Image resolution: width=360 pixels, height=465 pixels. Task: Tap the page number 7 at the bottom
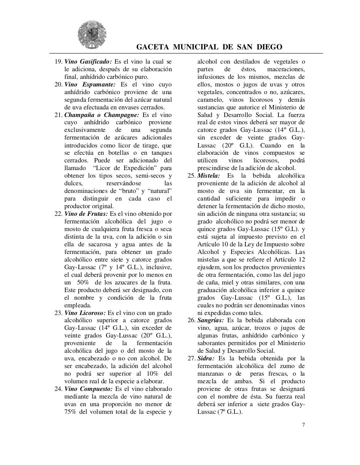pyautogui.click(x=303, y=425)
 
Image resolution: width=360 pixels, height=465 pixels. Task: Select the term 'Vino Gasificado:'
pyautogui.click(x=88, y=61)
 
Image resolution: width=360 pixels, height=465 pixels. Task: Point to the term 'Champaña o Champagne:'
pyautogui.click(x=102, y=115)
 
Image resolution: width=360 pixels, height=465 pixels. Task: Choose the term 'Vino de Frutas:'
pyautogui.click(x=86, y=214)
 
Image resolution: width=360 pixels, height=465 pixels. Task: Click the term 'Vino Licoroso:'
pyautogui.click(x=85, y=313)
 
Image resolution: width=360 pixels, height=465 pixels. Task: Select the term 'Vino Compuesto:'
pyautogui.click(x=88, y=389)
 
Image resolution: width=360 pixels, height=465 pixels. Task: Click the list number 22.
pyautogui.click(x=58, y=214)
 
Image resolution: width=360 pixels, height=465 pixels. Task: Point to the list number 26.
pyautogui.click(x=191, y=320)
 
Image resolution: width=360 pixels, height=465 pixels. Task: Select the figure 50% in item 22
pyautogui.click(x=83, y=282)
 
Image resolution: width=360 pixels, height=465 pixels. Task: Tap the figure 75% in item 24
pyautogui.click(x=71, y=412)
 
